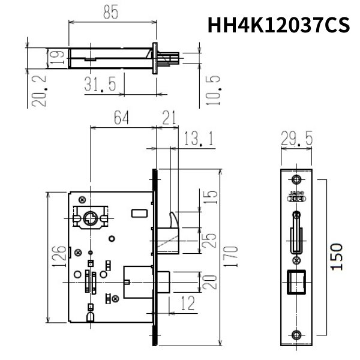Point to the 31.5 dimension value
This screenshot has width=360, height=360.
(x=100, y=85)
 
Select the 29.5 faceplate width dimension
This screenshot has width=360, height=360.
(x=297, y=139)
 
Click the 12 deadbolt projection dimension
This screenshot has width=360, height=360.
(x=187, y=305)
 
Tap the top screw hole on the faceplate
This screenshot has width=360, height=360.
(x=297, y=179)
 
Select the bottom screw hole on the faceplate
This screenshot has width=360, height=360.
(x=297, y=335)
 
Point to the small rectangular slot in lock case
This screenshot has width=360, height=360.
(x=139, y=213)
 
